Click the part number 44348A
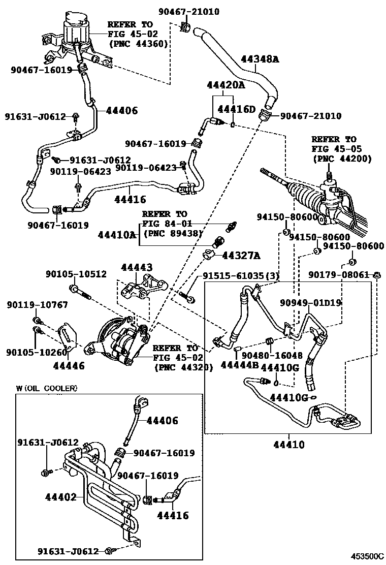(260, 59)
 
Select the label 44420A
(226, 85)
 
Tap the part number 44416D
(236, 109)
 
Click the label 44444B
(240, 365)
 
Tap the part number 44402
(60, 496)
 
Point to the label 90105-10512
(76, 274)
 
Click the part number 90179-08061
(339, 275)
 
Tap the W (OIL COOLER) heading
(46, 388)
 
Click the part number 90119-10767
(37, 305)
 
